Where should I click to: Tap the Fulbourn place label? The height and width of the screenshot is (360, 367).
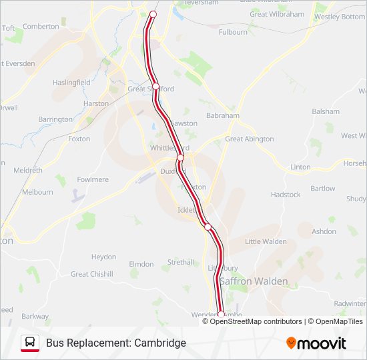click(233, 32)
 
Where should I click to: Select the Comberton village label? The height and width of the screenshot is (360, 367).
click(41, 26)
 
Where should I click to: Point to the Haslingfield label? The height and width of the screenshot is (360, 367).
click(72, 82)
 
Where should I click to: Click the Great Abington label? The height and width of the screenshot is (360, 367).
click(249, 139)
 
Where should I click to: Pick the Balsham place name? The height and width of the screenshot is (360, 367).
click(325, 111)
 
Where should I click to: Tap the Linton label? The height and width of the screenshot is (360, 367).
click(300, 167)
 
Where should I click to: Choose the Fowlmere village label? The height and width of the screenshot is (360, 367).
click(93, 179)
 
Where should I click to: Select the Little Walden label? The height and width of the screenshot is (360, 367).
click(266, 241)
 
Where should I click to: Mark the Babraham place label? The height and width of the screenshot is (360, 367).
click(222, 115)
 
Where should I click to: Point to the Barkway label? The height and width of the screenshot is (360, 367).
click(35, 317)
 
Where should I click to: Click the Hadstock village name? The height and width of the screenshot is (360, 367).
click(286, 195)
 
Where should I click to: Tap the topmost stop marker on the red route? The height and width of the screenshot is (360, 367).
click(153, 14)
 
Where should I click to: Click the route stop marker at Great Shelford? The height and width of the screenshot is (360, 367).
click(156, 87)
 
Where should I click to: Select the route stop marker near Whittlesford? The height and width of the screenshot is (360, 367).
click(180, 157)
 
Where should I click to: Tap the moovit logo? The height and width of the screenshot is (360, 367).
click(316, 343)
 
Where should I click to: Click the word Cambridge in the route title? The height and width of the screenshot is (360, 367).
click(160, 343)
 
